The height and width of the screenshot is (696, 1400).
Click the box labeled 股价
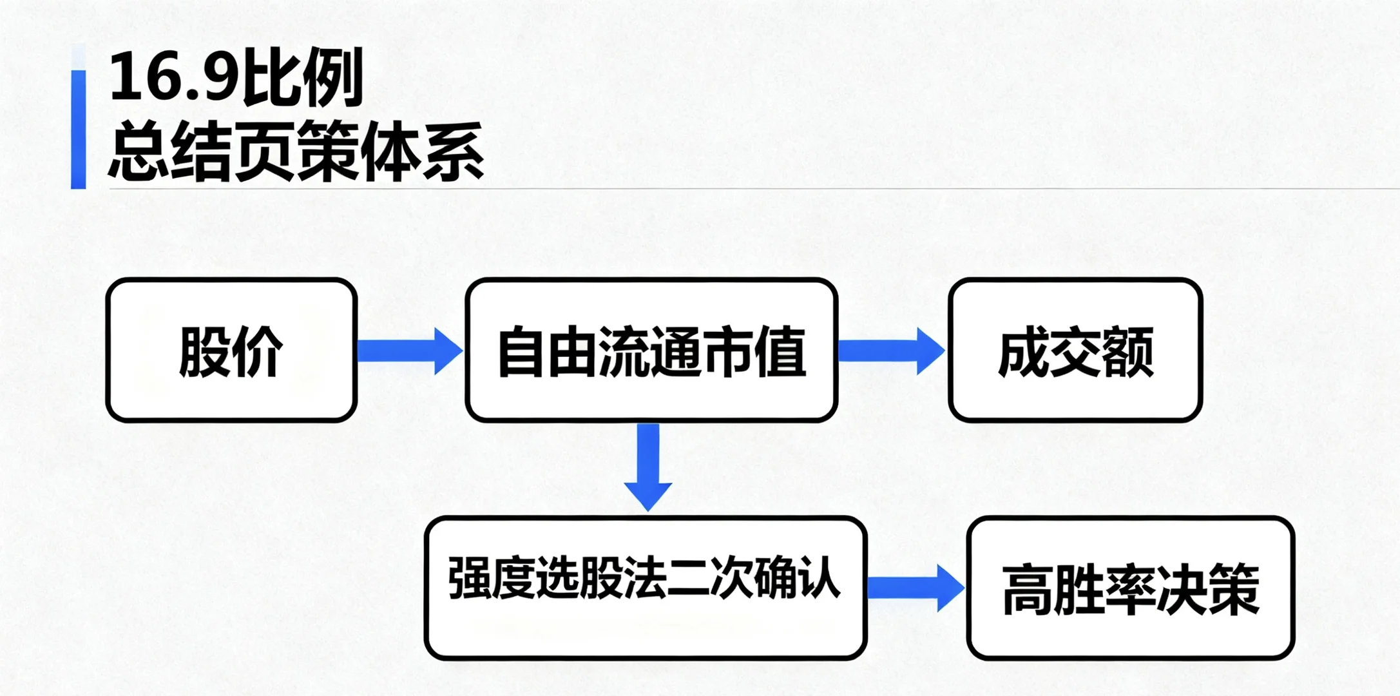click(x=231, y=351)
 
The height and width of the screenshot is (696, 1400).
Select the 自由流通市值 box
click(x=651, y=351)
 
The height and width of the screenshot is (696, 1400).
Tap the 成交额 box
click(x=1075, y=351)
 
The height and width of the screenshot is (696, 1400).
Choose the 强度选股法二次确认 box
click(x=645, y=588)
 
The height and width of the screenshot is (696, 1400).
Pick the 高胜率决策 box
click(x=1131, y=588)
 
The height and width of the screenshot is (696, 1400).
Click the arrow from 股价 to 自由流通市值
click(x=410, y=351)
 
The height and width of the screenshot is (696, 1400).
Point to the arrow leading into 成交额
click(x=891, y=351)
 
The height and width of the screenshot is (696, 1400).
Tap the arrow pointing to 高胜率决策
click(x=916, y=588)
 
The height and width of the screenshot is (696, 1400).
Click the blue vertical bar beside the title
click(x=78, y=129)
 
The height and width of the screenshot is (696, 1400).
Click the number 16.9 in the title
click(x=170, y=77)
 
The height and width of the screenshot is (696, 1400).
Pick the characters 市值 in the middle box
click(x=754, y=352)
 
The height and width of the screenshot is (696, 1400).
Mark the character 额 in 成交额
click(x=1127, y=352)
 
